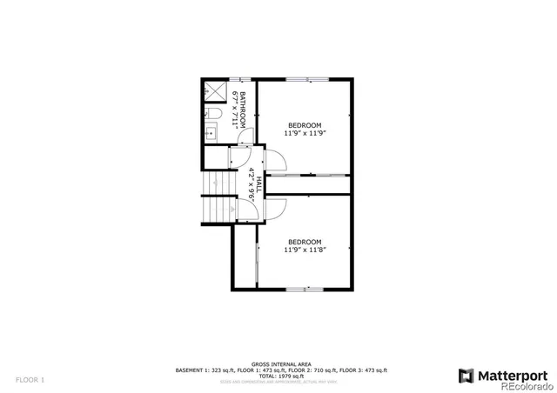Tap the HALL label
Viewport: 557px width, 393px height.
tap(258, 182)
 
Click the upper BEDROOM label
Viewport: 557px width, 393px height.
tap(305, 125)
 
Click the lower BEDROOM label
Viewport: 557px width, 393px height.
tap(305, 241)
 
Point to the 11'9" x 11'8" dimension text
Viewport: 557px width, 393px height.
tap(304, 250)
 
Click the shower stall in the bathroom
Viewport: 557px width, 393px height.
tap(213, 90)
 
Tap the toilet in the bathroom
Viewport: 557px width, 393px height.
tap(215, 114)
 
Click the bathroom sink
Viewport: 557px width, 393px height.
tap(211, 134)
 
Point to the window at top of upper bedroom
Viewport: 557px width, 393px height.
tap(307, 79)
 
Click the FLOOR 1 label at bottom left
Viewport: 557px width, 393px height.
tap(30, 379)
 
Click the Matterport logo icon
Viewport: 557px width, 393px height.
tap(466, 376)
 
